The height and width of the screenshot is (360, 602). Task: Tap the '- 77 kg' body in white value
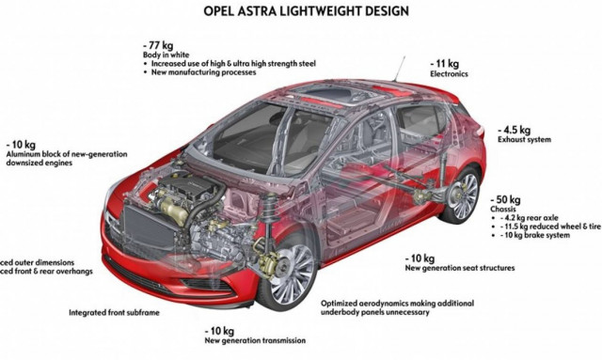point(157,44)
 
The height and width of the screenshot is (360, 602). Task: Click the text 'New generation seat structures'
point(460,268)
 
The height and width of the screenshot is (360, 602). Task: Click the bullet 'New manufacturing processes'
point(201,73)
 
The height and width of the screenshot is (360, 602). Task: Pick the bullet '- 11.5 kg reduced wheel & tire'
point(550,227)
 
